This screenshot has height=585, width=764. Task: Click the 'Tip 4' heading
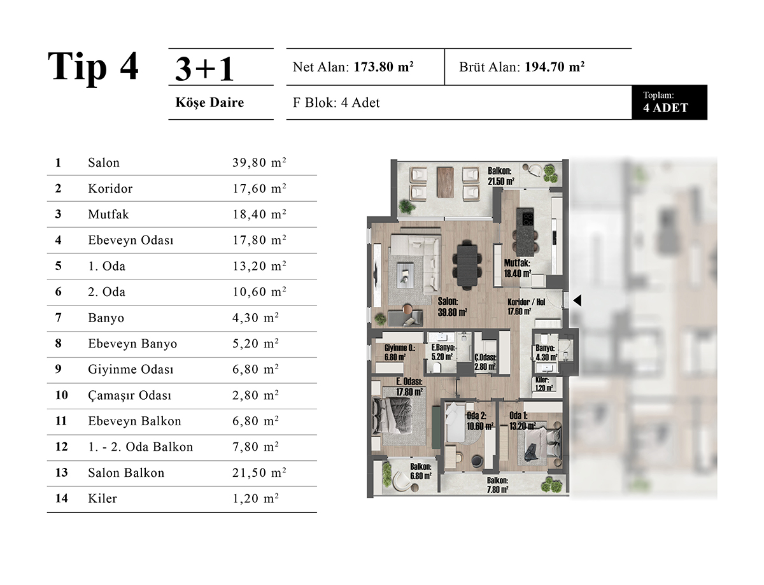(93, 67)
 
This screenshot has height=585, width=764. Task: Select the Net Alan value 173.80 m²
(383, 67)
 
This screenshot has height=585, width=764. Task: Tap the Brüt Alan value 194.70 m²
(555, 67)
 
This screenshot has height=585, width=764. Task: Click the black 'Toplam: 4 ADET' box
(669, 102)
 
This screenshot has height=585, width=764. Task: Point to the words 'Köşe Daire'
(209, 102)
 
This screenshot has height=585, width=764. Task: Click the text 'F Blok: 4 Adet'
(336, 102)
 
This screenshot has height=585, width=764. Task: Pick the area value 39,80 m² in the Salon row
(259, 162)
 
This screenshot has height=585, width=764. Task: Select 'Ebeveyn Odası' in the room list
(131, 241)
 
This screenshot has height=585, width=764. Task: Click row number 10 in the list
(61, 395)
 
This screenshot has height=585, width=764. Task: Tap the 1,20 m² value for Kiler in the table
(255, 498)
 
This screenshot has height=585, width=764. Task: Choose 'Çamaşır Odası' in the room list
(129, 395)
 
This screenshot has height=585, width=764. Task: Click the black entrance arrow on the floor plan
(577, 300)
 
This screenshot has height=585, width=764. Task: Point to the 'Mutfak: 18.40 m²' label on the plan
(518, 268)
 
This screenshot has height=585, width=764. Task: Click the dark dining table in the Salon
(467, 265)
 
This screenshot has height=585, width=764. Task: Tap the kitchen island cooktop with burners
(527, 218)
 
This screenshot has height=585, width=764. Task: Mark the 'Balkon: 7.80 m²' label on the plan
(497, 485)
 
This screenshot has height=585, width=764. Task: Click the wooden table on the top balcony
(445, 182)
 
